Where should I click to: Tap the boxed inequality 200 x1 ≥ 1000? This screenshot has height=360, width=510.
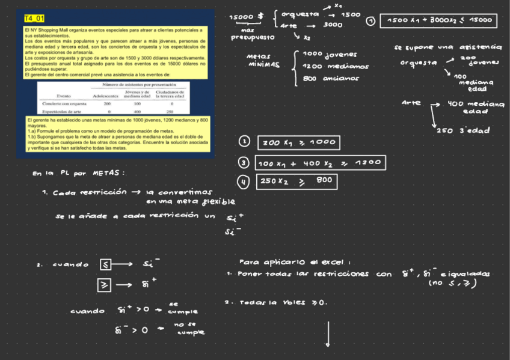tap(298, 143)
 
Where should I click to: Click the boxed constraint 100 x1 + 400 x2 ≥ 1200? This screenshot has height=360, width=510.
tap(320, 163)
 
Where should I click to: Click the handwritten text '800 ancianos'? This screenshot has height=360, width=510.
tap(331, 78)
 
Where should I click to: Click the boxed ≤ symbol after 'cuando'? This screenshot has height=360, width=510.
tap(105, 264)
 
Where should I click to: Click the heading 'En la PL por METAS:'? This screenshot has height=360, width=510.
tap(79, 174)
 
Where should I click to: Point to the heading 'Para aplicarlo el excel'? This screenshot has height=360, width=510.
tap(294, 262)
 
